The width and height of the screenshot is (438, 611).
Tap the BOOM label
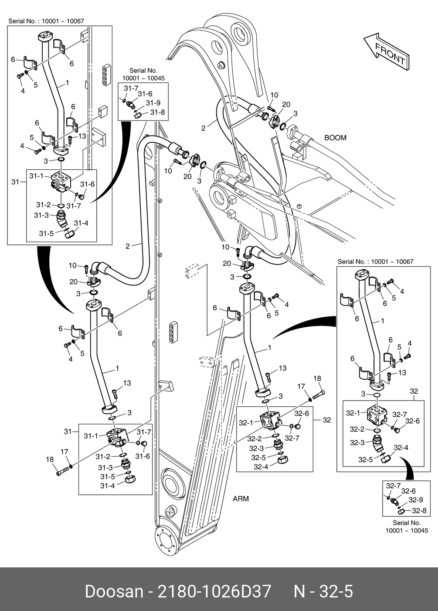[335, 138]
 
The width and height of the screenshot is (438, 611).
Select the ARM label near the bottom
[241, 498]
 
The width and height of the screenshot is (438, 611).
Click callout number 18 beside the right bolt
[317, 379]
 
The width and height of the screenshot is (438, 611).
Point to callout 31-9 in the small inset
[153, 103]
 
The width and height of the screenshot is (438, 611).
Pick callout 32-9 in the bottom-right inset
[415, 501]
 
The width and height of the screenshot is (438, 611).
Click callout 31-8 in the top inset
[157, 112]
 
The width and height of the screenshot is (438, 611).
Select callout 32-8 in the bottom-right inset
[419, 511]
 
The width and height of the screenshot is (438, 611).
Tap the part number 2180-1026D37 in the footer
[214, 591]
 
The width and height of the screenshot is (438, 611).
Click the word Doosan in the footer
[114, 591]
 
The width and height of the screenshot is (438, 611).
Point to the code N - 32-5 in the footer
[323, 591]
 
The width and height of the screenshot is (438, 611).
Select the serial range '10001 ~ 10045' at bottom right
[407, 531]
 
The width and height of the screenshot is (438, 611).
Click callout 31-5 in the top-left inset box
[46, 233]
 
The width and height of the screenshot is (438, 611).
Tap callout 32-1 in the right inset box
[353, 413]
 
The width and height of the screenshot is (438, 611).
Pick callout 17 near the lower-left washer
[65, 452]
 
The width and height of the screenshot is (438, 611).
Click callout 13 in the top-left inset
[82, 136]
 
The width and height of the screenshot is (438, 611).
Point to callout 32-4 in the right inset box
[401, 448]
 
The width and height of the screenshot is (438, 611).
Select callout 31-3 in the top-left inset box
[41, 215]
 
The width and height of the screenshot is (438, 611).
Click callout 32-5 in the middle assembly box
[258, 458]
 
